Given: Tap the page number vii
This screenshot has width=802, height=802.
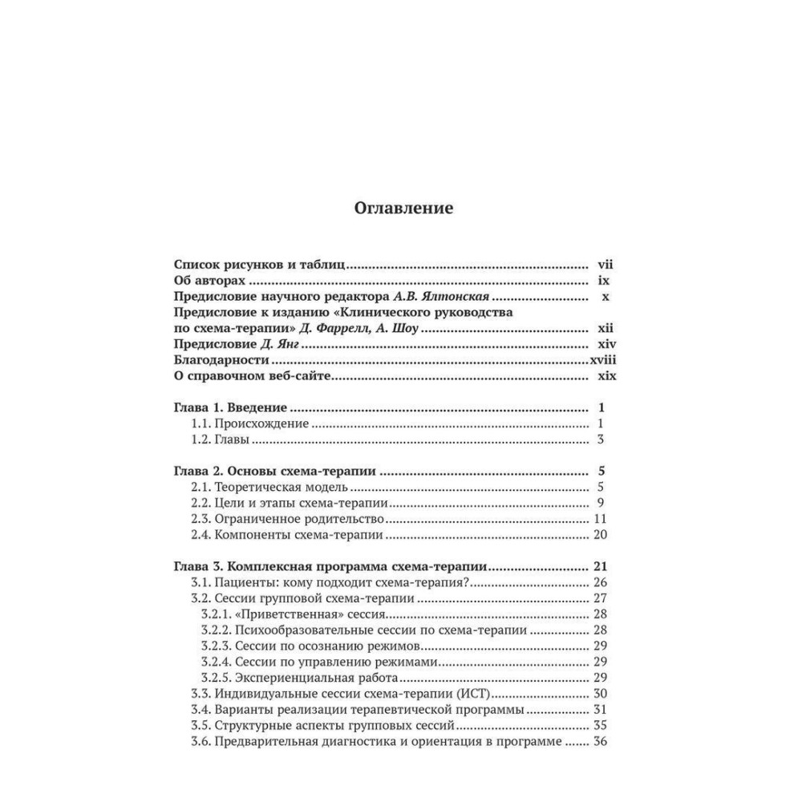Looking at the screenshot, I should pos(605,265).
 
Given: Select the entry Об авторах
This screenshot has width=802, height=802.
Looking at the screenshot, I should pos(208,282).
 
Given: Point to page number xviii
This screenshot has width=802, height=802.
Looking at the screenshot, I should pos(606,362).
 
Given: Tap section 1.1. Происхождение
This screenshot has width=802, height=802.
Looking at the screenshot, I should pos(249,423).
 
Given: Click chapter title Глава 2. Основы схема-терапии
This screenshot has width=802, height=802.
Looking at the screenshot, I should pos(276,471).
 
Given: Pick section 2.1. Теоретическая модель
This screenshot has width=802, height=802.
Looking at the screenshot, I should pos(269,487).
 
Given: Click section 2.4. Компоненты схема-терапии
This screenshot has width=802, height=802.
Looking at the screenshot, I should pos(286,535).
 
